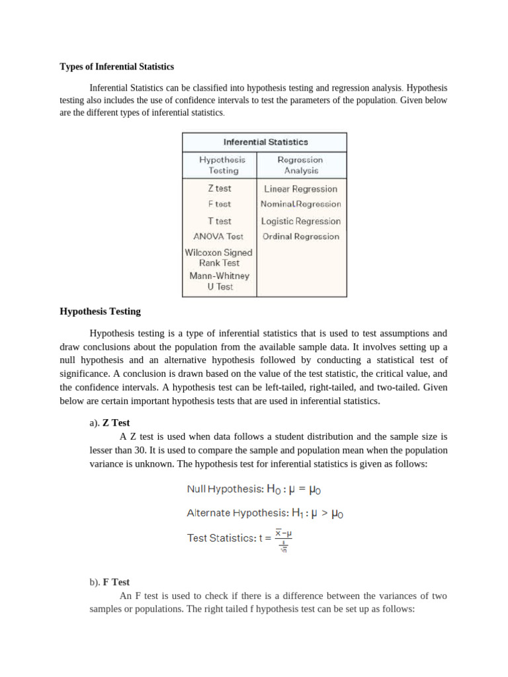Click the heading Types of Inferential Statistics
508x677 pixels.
point(117,67)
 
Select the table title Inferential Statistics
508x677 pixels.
point(265,142)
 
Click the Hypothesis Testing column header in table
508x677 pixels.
point(222,165)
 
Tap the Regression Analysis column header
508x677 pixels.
point(300,165)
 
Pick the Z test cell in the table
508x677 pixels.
point(220,188)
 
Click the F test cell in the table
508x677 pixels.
point(220,204)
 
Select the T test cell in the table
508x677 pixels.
point(220,221)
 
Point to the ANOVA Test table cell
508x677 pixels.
point(218,236)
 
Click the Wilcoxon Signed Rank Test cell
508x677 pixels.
point(218,257)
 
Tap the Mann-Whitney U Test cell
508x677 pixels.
point(219,281)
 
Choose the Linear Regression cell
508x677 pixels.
point(300,188)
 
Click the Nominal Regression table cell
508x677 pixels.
point(301,204)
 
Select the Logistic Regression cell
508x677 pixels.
point(301,221)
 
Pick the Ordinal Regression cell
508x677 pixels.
point(300,236)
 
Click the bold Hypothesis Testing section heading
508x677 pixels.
point(100,311)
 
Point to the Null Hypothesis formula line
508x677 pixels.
point(255,490)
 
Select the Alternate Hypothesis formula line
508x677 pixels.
point(265,512)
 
